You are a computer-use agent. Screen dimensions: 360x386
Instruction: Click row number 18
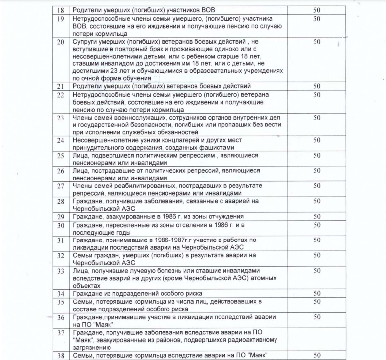62,10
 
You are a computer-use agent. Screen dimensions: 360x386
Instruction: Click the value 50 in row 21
317,86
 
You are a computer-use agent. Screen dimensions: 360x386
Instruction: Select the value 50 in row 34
317,294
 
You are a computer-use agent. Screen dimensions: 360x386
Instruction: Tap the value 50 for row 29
317,217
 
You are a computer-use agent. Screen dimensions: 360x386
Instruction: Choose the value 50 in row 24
317,140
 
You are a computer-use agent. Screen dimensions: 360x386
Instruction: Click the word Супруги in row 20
87,42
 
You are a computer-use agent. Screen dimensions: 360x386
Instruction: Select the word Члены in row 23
83,118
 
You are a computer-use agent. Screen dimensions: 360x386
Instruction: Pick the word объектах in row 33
87,286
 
